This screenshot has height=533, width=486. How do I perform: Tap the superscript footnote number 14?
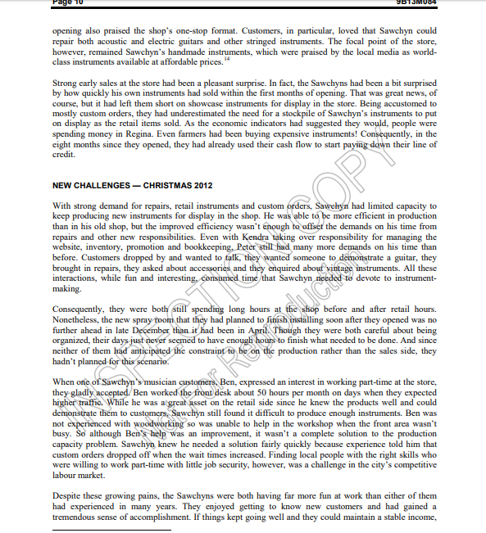(226, 58)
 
